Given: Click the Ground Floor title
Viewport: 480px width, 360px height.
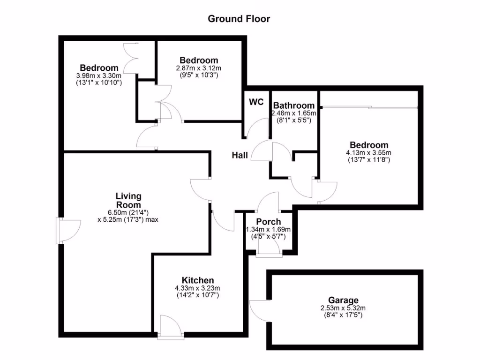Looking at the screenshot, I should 239,19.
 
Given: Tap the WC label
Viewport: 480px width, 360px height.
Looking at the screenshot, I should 256,102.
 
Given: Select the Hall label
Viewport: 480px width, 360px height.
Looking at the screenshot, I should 240,155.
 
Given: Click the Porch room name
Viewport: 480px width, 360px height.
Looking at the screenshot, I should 269,222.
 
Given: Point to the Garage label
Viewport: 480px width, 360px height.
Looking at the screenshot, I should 343,300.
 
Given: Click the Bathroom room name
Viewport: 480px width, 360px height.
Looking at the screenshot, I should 294,106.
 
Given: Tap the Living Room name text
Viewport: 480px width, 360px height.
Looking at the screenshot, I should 128,201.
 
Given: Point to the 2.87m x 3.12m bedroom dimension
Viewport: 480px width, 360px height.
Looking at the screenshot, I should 199,68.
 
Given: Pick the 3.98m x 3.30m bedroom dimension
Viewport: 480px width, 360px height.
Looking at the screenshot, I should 98,75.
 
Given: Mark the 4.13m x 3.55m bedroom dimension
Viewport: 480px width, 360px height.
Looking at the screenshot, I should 368,153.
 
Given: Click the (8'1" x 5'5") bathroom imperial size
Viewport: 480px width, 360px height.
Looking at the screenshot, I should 294,120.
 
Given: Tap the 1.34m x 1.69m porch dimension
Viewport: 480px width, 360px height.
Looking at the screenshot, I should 269,230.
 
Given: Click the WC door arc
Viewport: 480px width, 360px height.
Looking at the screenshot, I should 257,127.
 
